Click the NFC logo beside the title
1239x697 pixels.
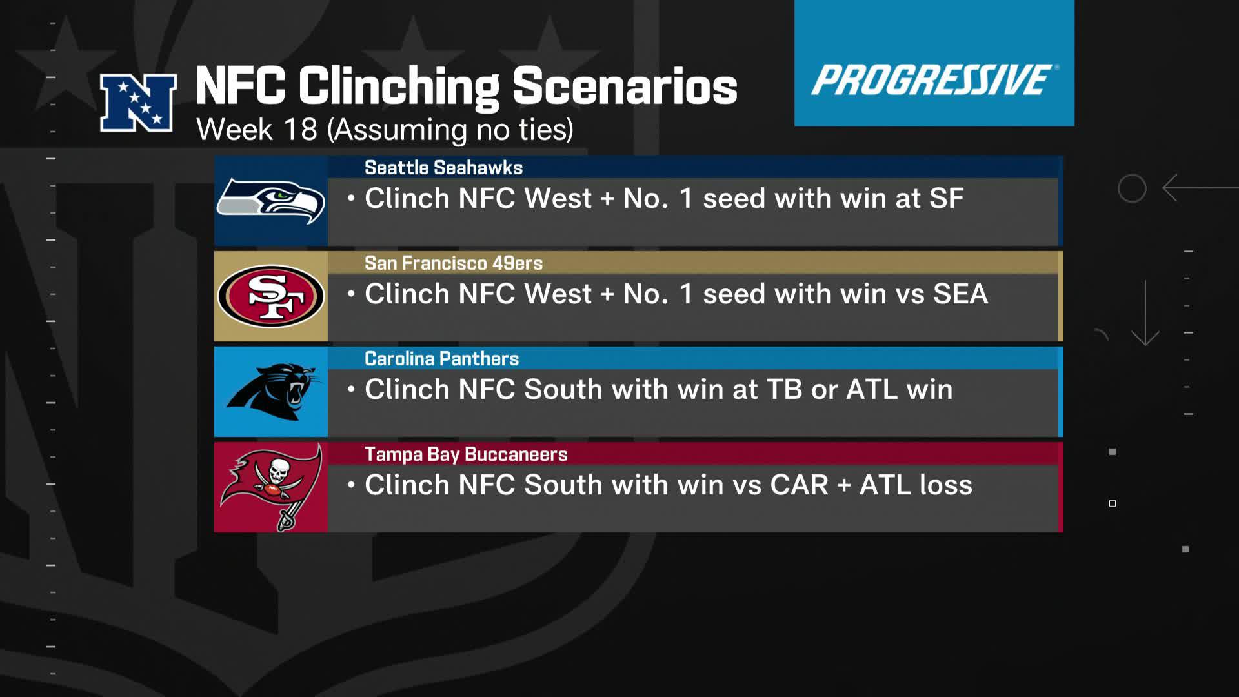tap(138, 103)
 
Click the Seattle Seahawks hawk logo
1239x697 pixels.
tap(271, 201)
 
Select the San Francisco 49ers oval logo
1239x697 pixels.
tap(271, 296)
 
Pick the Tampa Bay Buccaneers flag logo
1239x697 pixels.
tap(272, 487)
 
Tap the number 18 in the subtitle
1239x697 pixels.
tap(300, 129)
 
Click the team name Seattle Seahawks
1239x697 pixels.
tap(443, 168)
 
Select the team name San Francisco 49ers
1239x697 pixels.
tap(454, 263)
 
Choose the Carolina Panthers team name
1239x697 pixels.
tap(441, 359)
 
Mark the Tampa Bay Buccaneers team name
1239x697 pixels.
tap(466, 454)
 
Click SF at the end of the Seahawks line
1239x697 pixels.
tap(947, 198)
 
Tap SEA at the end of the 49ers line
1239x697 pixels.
tap(961, 294)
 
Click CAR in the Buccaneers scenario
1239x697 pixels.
tap(800, 485)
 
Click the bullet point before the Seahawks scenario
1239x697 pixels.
tap(351, 198)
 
